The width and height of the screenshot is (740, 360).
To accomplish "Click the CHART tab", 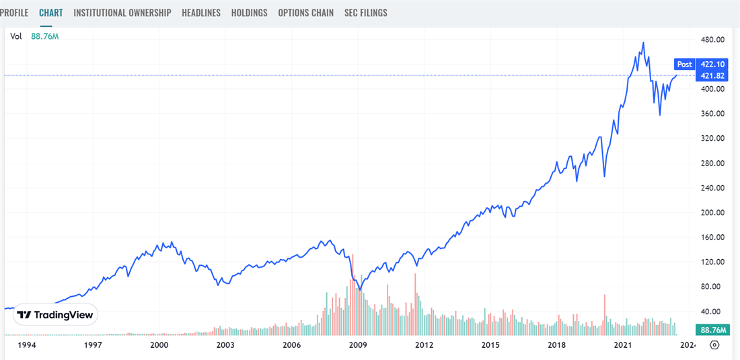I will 50,13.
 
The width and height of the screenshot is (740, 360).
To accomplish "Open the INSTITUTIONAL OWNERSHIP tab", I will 122,13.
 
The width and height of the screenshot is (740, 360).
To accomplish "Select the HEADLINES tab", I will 201,13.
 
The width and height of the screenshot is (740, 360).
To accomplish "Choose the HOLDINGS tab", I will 249,13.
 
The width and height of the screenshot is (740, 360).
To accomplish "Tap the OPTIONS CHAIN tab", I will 305,13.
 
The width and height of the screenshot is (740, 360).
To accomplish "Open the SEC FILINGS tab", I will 365,13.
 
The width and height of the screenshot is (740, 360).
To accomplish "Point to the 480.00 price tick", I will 711,40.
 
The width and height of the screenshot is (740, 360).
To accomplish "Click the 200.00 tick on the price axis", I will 711,213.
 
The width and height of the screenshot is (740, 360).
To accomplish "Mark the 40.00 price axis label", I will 711,312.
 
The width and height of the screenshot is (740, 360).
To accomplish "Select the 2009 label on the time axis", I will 358,345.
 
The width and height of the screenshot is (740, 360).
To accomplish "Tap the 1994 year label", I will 26,345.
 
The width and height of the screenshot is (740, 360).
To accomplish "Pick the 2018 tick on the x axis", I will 556,345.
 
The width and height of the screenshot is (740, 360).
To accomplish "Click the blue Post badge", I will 684,65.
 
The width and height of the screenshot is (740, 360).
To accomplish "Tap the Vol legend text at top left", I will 15,36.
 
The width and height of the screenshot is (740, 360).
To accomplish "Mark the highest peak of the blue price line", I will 643,42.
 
